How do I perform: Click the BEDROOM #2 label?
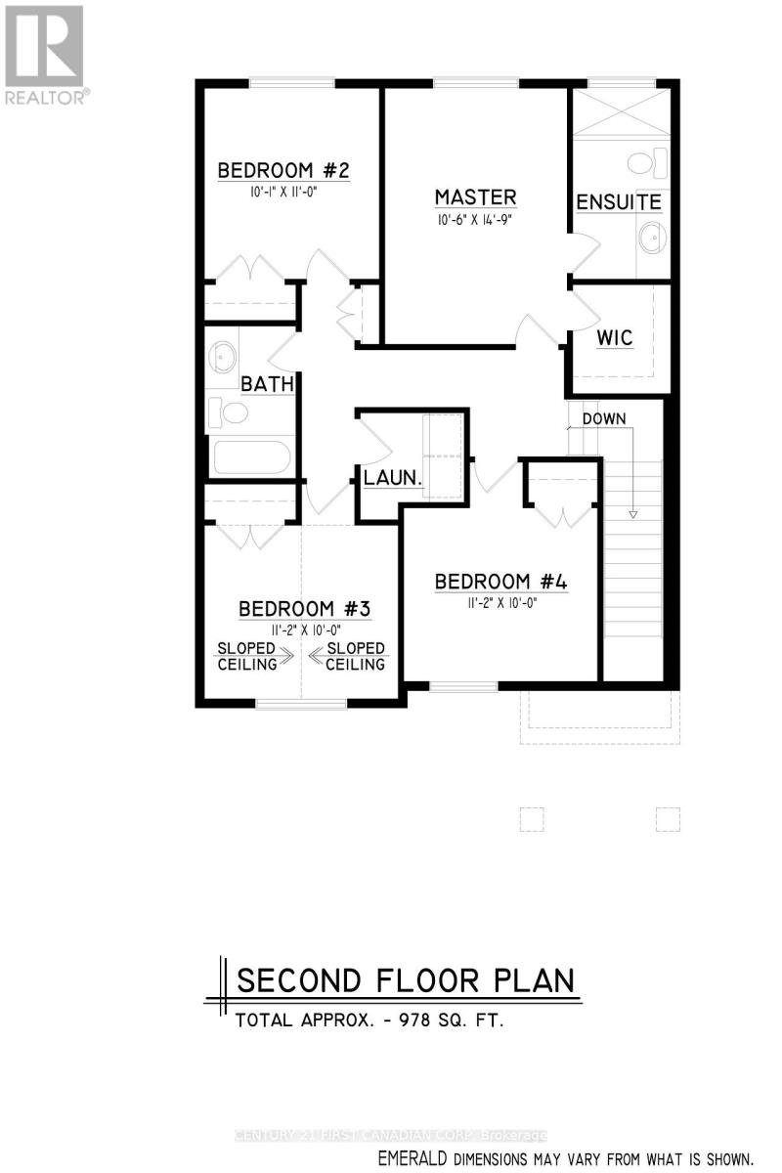(x=283, y=171)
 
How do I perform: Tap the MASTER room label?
(x=475, y=197)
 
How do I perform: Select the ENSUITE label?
(x=618, y=202)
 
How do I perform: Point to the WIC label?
(x=615, y=338)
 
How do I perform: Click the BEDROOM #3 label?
(x=304, y=610)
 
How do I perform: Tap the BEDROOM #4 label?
(x=500, y=582)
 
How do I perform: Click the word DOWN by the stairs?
(x=604, y=418)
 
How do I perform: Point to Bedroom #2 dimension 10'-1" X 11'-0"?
(x=282, y=193)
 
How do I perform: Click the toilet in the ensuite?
(x=647, y=160)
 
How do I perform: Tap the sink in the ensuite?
(x=650, y=236)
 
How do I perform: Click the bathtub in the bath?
(x=250, y=458)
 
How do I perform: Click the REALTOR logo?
(x=45, y=54)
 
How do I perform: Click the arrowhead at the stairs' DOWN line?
(x=632, y=514)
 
